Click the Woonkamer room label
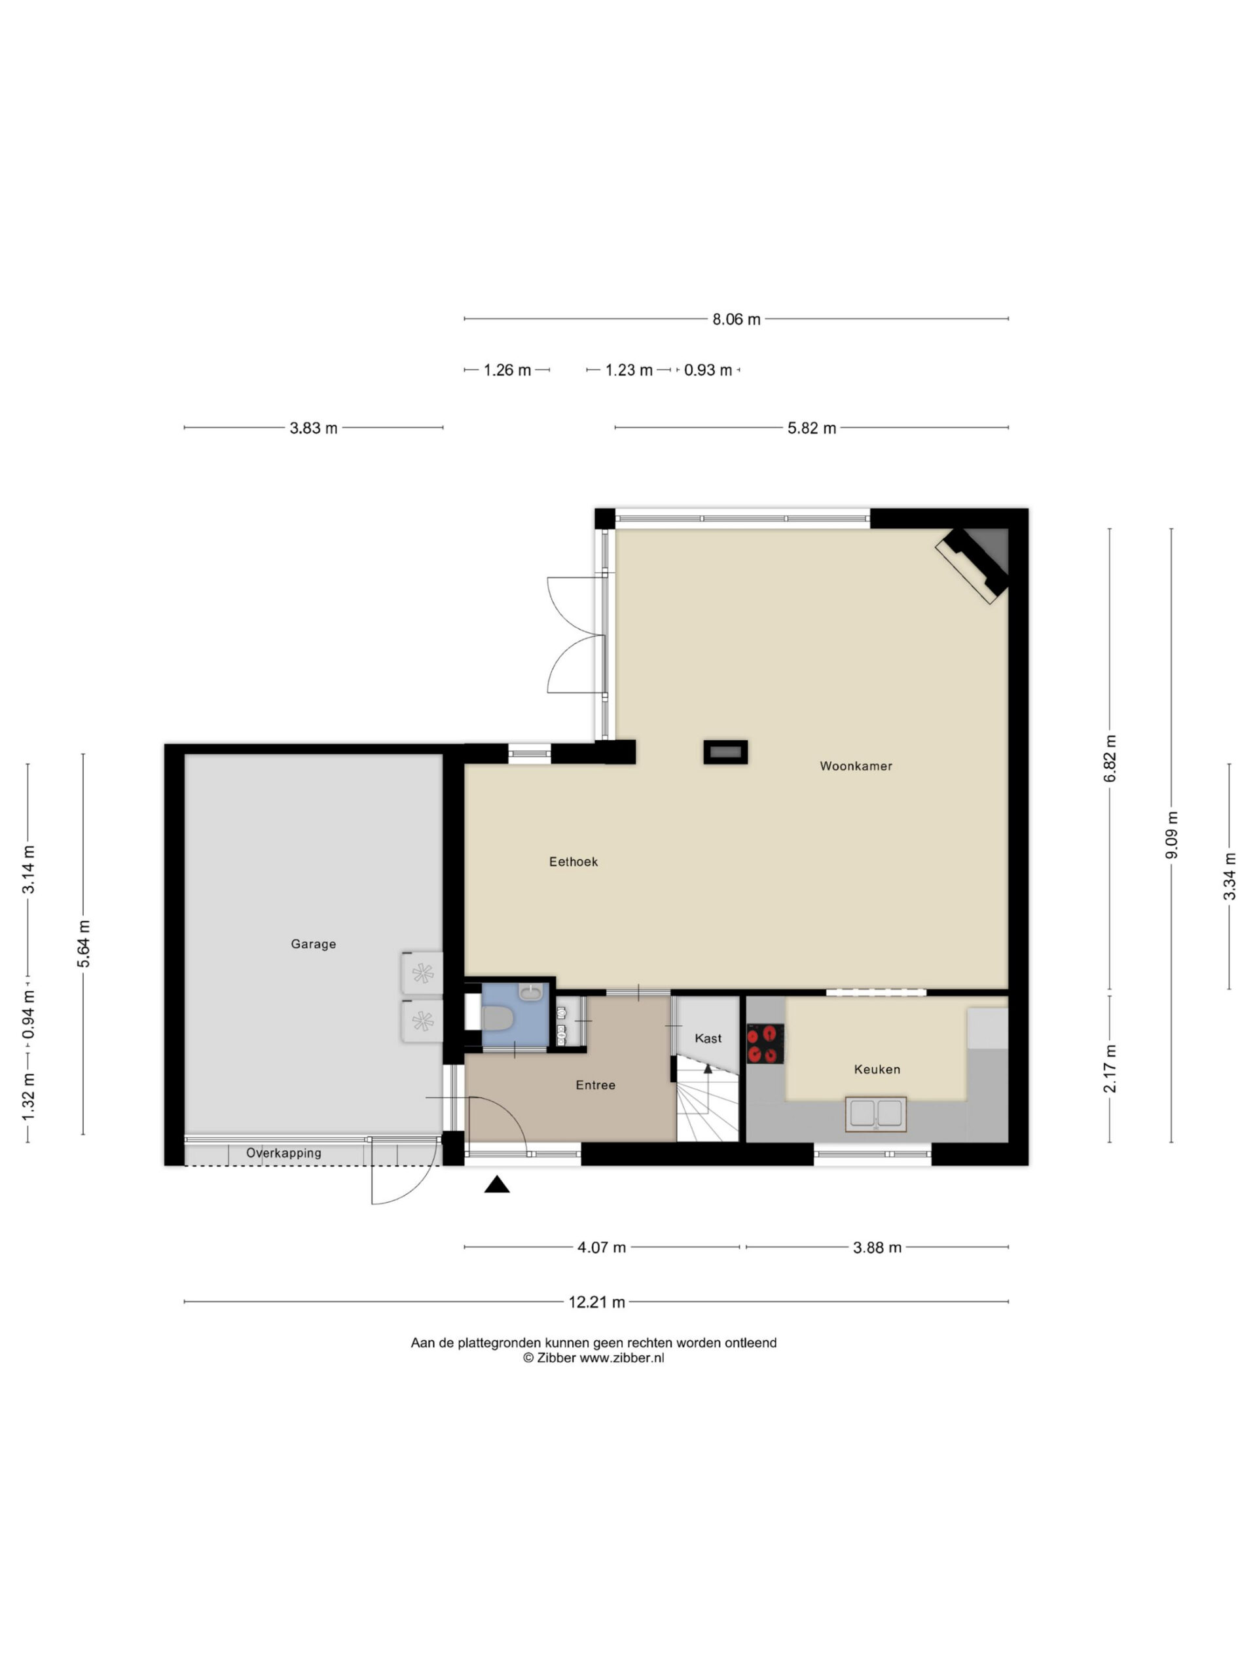856,766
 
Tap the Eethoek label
573,862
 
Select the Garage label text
313,944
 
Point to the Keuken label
877,1069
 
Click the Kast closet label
708,1038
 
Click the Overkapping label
283,1152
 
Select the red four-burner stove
765,1044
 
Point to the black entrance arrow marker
497,1184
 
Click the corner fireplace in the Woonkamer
974,564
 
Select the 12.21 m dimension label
597,1302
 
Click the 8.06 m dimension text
736,319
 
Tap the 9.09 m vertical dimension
1171,835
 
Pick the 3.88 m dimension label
877,1247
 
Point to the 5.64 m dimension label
83,943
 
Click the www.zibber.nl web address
621,1358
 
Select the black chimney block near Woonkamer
725,752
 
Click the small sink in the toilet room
530,992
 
